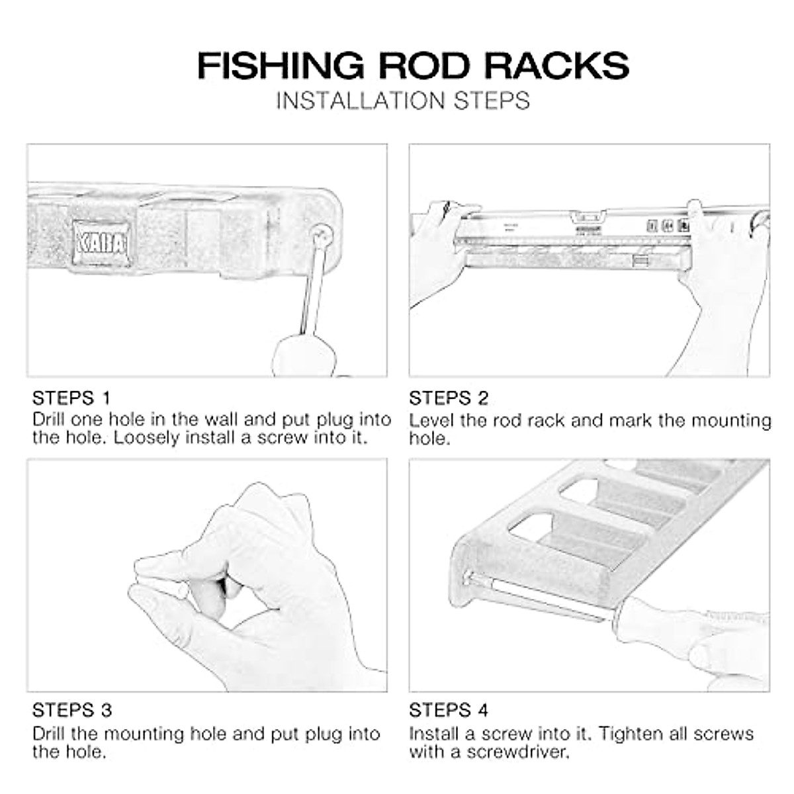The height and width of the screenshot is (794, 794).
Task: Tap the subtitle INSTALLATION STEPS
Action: tap(403, 101)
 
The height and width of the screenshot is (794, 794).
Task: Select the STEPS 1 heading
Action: tap(71, 398)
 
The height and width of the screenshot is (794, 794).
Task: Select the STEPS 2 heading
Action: tap(449, 398)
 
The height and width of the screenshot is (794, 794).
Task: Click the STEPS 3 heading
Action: tap(71, 711)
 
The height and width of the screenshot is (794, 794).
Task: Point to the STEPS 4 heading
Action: tap(449, 711)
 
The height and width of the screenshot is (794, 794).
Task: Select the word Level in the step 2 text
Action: tap(431, 421)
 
